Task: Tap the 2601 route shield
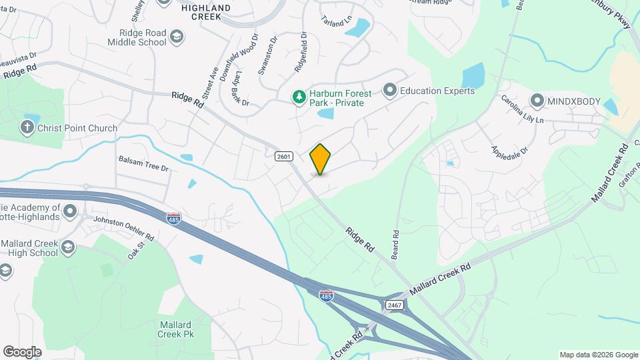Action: click(283, 155)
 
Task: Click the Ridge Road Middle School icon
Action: click(177, 35)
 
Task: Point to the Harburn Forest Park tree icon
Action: click(300, 97)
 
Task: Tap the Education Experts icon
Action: click(390, 90)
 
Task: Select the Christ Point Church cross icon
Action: click(27, 127)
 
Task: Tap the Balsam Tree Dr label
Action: click(143, 163)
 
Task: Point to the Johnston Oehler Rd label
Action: click(123, 228)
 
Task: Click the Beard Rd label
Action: click(395, 245)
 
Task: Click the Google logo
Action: click(22, 351)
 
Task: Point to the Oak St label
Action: click(136, 251)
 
